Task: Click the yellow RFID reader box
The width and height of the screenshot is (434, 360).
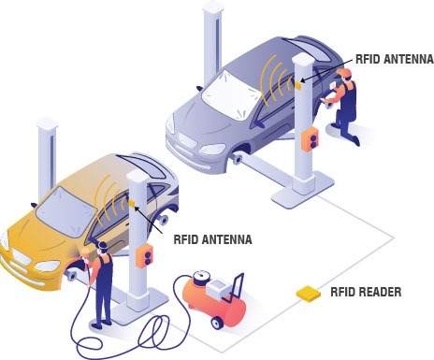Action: click(309, 294)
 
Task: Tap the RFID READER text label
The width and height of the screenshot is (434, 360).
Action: click(366, 292)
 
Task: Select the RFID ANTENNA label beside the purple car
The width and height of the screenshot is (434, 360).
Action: click(395, 59)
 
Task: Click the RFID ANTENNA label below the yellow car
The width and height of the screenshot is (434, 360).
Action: click(212, 239)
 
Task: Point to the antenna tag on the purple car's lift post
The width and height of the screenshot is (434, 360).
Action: click(298, 85)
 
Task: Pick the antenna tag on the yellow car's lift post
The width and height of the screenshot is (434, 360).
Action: click(132, 203)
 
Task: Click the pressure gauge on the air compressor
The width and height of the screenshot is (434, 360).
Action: click(201, 277)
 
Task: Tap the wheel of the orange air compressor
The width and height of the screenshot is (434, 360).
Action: click(217, 323)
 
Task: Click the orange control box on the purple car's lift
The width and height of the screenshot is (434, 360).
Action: click(310, 138)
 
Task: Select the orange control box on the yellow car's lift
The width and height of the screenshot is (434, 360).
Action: click(144, 256)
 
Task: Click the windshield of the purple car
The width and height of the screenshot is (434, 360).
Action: click(230, 94)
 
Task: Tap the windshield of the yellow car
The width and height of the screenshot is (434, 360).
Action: click(65, 209)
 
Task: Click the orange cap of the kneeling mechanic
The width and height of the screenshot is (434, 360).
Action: click(344, 73)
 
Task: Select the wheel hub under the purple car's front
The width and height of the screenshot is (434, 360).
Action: click(238, 160)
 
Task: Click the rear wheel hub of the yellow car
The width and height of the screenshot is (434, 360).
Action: click(164, 220)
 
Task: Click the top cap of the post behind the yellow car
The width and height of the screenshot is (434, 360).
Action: click(48, 123)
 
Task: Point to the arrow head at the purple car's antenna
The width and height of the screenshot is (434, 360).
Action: click(302, 81)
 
